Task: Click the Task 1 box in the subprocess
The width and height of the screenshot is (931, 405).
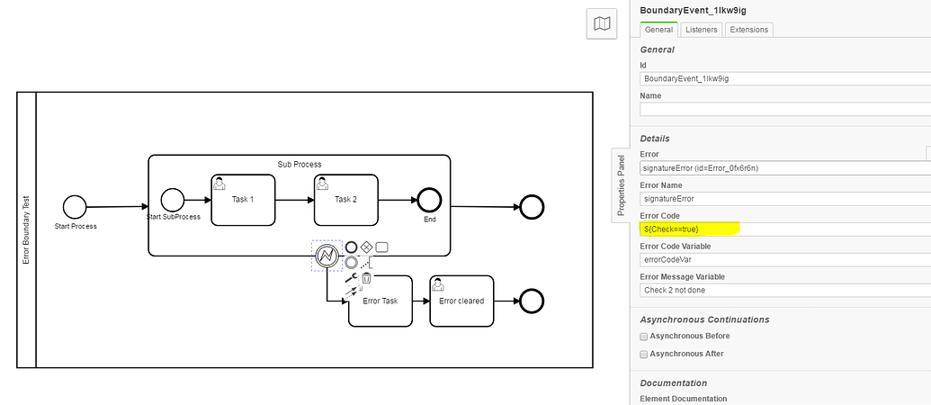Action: tap(243, 200)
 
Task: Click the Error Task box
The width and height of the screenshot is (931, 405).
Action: tap(380, 301)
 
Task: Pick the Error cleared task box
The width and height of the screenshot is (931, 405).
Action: tap(461, 301)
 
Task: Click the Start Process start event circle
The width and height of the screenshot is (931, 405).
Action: tap(75, 206)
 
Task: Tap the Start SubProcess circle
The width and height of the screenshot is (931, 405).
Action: tap(172, 200)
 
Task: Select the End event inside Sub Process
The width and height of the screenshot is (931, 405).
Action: tap(430, 200)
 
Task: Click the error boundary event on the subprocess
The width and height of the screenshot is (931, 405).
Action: tap(327, 256)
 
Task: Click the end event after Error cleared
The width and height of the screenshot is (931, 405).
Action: tap(532, 301)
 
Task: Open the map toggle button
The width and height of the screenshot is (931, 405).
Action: tap(602, 24)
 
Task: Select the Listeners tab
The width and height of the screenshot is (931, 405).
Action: tap(701, 30)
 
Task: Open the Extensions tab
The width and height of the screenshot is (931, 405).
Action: tap(748, 30)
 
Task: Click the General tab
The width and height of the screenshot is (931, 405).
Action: tap(658, 30)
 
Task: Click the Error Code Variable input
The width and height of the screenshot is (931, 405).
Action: tap(783, 259)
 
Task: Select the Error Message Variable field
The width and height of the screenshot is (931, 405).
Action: tap(783, 290)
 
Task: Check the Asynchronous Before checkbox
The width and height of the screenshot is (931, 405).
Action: tap(644, 337)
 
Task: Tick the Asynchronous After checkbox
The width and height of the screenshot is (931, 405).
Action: tap(644, 354)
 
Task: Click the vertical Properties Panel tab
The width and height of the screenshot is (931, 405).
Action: tap(621, 184)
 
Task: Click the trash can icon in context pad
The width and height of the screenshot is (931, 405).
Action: tap(367, 278)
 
